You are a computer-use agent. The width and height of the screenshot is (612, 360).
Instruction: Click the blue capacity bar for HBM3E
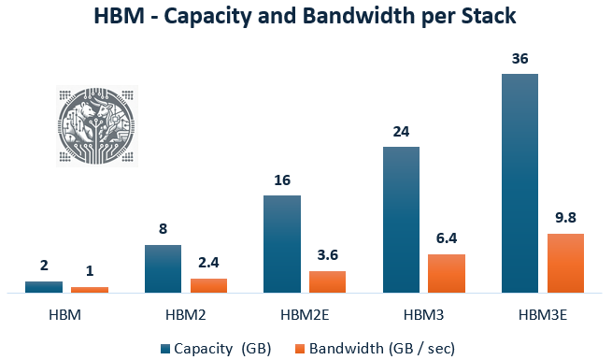519,183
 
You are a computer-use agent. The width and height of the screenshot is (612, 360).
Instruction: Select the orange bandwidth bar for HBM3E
565,263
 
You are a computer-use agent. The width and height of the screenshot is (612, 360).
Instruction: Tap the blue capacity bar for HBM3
401,220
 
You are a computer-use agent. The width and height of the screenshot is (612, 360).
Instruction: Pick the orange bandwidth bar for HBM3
447,273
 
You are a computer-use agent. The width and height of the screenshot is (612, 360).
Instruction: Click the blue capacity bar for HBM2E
282,244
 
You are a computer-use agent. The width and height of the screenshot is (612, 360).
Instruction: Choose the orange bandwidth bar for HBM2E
328,281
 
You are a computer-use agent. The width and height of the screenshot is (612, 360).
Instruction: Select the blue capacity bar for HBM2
164,268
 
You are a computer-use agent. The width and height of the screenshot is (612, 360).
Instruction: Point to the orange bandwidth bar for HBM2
209,285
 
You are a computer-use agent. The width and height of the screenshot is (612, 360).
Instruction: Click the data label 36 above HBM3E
519,58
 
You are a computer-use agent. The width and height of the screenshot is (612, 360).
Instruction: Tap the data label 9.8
565,218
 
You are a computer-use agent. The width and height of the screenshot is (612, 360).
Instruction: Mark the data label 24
401,132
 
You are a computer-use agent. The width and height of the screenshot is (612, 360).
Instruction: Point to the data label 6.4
447,239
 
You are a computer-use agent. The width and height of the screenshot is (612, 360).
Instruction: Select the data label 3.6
328,255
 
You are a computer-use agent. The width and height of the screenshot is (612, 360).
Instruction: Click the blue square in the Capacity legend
165,349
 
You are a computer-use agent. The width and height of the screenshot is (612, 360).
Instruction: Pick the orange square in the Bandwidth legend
300,349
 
